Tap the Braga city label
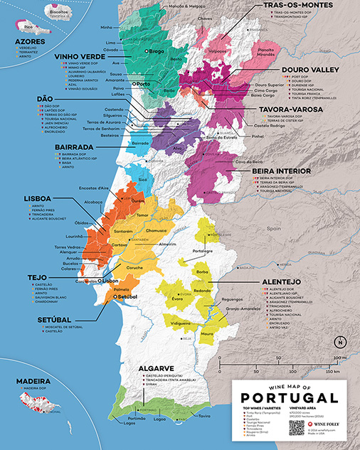click(159, 52)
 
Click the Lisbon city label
click(110, 281)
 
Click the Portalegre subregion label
click(203, 251)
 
